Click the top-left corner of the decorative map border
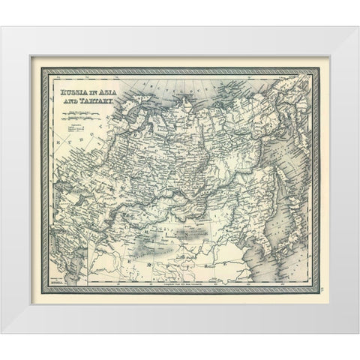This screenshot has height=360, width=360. (47, 73)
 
